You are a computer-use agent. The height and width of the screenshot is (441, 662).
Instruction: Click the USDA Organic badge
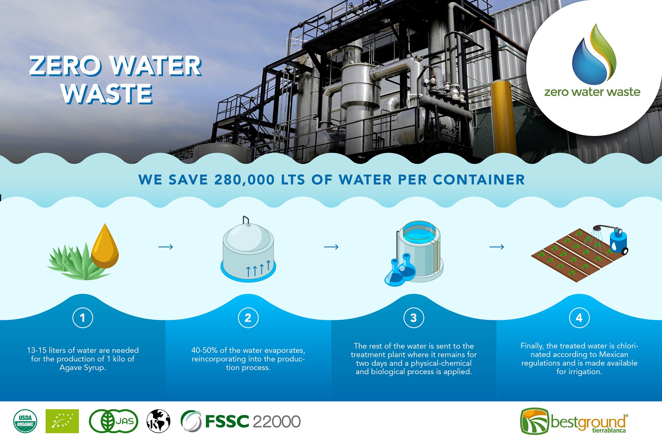click(x=25, y=421)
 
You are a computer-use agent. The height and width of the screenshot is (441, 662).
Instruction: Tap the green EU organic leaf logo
click(x=62, y=421)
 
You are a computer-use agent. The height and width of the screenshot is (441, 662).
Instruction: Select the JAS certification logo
click(x=114, y=421)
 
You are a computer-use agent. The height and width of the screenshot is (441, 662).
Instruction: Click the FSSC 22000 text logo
click(x=241, y=421)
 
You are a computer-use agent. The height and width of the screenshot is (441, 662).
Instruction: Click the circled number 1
click(x=83, y=318)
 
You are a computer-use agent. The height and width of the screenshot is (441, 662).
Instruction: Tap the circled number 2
click(x=248, y=318)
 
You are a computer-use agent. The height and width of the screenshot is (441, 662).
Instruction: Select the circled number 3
click(x=414, y=318)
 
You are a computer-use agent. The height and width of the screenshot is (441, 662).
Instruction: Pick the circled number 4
click(x=579, y=318)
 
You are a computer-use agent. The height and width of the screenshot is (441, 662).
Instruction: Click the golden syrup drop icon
click(x=105, y=246)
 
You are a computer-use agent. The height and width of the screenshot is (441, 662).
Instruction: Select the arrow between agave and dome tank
click(x=166, y=247)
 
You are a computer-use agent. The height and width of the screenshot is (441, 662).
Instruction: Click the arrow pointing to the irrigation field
click(x=497, y=247)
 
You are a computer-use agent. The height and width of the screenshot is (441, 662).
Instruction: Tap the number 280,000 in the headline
click(x=245, y=180)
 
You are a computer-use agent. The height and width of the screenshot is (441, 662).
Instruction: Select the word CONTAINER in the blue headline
click(x=479, y=180)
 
